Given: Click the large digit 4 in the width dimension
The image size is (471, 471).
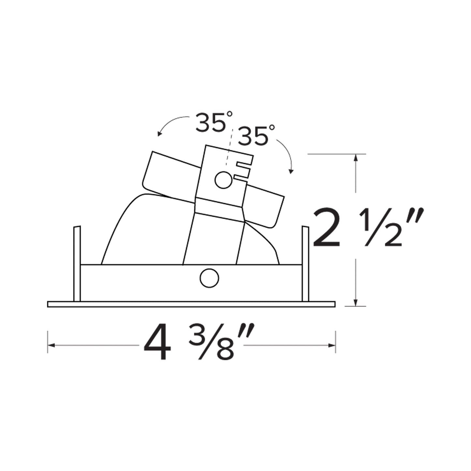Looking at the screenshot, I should point(157,345).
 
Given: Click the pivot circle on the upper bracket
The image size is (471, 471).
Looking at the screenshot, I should point(223,180).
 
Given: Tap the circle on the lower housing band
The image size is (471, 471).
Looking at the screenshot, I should point(209,279).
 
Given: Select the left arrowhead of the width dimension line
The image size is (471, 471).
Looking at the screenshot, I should point(51,345).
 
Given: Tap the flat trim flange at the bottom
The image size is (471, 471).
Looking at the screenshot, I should point(191,304).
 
